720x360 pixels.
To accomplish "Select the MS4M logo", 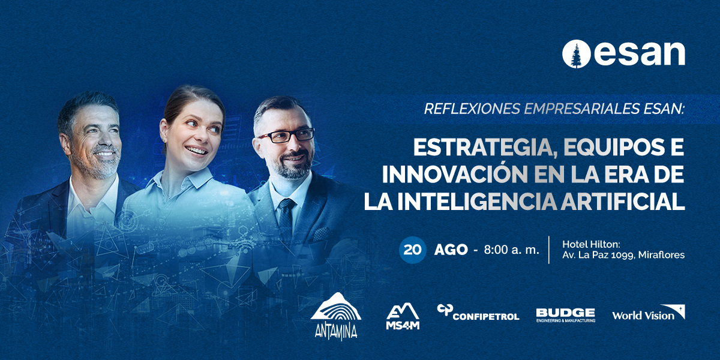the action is pyautogui.click(x=403, y=316).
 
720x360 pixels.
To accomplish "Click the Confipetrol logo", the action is pyautogui.click(x=478, y=313).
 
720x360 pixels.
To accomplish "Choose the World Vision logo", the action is pyautogui.click(x=649, y=313).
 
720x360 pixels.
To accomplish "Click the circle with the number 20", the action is pyautogui.click(x=412, y=250).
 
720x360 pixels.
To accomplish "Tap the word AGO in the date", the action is pyautogui.click(x=451, y=250).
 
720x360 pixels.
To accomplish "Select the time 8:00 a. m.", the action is pyautogui.click(x=511, y=250).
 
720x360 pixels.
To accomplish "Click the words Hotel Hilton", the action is pyautogui.click(x=591, y=244).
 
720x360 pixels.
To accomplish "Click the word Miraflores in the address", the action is pyautogui.click(x=661, y=255).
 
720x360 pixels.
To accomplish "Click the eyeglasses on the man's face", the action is pyautogui.click(x=286, y=136).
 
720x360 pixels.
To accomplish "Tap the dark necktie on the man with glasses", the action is pyautogui.click(x=286, y=218).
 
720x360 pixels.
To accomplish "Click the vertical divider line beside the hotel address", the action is pyautogui.click(x=549, y=250).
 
